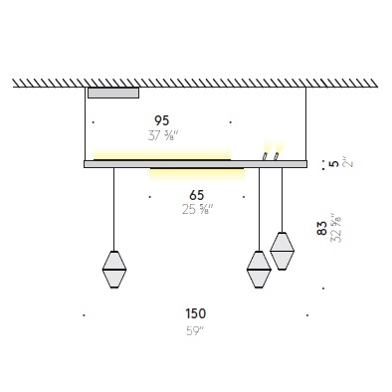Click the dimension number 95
click(162, 120)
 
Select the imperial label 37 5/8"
click(163, 135)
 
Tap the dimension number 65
click(197, 195)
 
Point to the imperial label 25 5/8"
click(197, 209)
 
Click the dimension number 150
click(196, 313)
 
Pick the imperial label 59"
click(195, 331)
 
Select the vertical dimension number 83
click(321, 228)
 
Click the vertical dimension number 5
click(335, 163)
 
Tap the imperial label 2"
click(348, 163)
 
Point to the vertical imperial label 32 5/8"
click(335, 228)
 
